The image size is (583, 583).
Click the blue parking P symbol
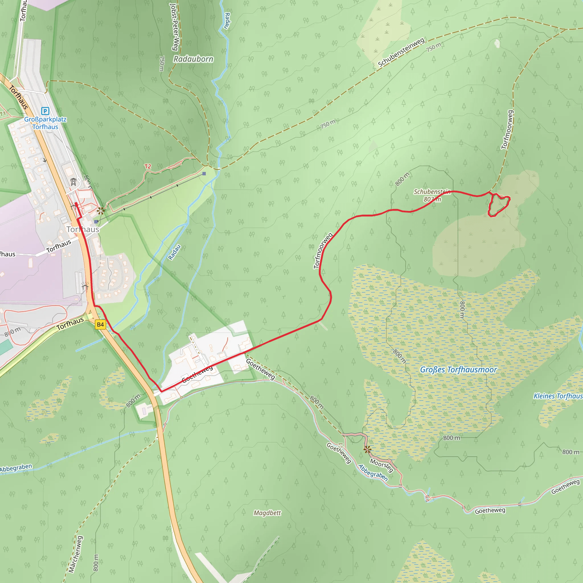[45, 111]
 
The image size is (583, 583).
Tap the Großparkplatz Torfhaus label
[45, 123]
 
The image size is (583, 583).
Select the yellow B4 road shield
[100, 325]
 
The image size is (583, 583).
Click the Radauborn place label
[193, 59]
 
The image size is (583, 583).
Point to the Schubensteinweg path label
[401, 52]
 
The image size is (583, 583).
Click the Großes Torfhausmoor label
[458, 370]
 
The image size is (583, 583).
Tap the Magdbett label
[267, 513]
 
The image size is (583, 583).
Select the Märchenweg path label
[75, 554]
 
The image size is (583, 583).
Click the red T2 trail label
[147, 166]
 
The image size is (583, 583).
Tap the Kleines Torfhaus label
[558, 396]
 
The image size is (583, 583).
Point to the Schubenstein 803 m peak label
[432, 196]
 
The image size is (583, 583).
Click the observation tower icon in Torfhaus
[73, 182]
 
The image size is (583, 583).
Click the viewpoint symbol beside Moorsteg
[368, 449]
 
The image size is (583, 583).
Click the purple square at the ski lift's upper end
[204, 174]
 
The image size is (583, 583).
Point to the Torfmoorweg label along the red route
[323, 251]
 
